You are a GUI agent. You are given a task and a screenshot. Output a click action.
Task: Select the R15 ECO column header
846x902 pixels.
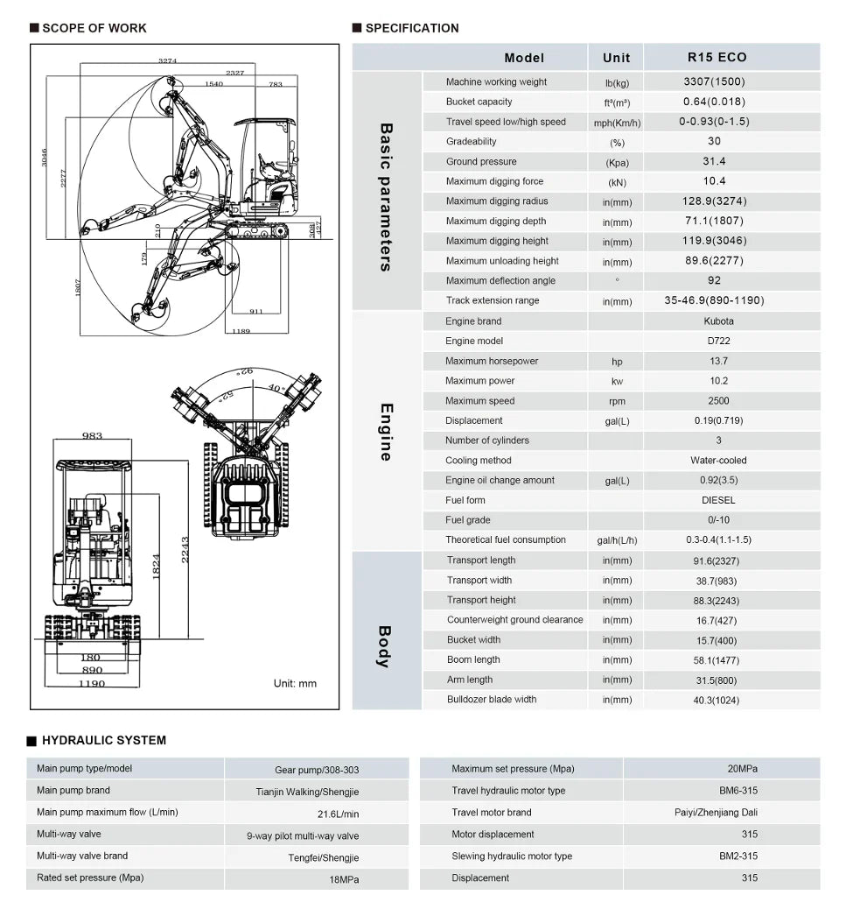tap(717, 57)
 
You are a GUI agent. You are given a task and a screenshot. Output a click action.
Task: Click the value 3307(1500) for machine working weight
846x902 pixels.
tap(714, 81)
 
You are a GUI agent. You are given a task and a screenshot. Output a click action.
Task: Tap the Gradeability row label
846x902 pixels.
tap(471, 141)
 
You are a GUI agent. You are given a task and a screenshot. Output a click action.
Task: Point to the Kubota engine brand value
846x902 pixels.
tap(718, 321)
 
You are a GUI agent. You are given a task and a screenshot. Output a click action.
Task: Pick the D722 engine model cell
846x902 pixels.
tap(717, 341)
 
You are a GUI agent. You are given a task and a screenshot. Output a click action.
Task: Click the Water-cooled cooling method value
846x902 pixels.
tap(718, 460)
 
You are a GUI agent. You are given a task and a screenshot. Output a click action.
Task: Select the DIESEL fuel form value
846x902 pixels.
tap(718, 500)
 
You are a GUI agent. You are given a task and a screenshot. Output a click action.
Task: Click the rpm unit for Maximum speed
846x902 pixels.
tap(617, 401)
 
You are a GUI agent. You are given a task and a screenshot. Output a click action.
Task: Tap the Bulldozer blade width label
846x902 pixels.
tap(491, 699)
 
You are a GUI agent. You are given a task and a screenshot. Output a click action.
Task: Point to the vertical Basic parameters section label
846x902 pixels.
tap(386, 196)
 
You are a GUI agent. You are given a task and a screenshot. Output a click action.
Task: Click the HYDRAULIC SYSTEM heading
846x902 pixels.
tap(103, 740)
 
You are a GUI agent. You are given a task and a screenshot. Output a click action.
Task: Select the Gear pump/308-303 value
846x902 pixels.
tap(317, 770)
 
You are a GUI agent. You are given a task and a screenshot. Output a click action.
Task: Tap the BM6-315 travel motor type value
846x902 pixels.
tap(738, 791)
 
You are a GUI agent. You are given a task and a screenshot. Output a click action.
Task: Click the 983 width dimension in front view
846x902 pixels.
tap(92, 435)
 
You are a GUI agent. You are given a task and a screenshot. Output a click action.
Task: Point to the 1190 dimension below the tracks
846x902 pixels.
tap(91, 683)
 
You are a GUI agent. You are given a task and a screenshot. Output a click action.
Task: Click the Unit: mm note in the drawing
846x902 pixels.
tap(295, 683)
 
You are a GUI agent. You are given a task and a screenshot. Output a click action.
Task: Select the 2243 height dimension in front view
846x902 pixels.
tap(185, 550)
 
